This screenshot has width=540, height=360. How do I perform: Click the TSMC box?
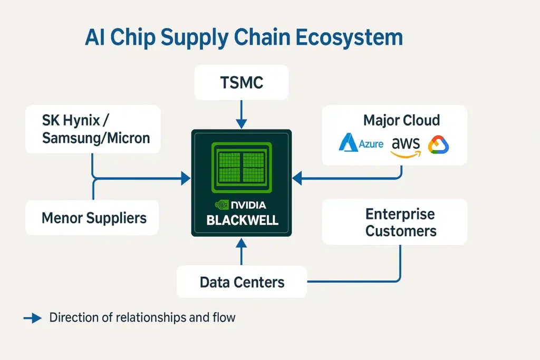pos(241,82)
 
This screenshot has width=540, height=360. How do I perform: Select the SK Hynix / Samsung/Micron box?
pos(93,129)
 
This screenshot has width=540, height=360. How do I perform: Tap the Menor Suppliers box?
pos(93,217)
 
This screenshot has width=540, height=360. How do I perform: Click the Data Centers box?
pos(242,281)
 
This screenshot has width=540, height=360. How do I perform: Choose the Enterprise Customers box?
pos(394,222)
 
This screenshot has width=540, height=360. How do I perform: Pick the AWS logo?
pos(406,145)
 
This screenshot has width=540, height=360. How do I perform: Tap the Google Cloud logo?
pos(438,144)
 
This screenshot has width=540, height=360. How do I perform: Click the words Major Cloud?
pos(401,120)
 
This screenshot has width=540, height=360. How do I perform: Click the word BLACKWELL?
pos(242,220)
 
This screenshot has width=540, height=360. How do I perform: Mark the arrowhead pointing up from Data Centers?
pos(241,243)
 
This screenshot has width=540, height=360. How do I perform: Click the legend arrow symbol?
pos(33,318)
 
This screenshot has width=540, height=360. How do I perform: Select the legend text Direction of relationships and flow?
pos(142,317)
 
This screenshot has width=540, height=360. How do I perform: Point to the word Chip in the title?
pos(132,38)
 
